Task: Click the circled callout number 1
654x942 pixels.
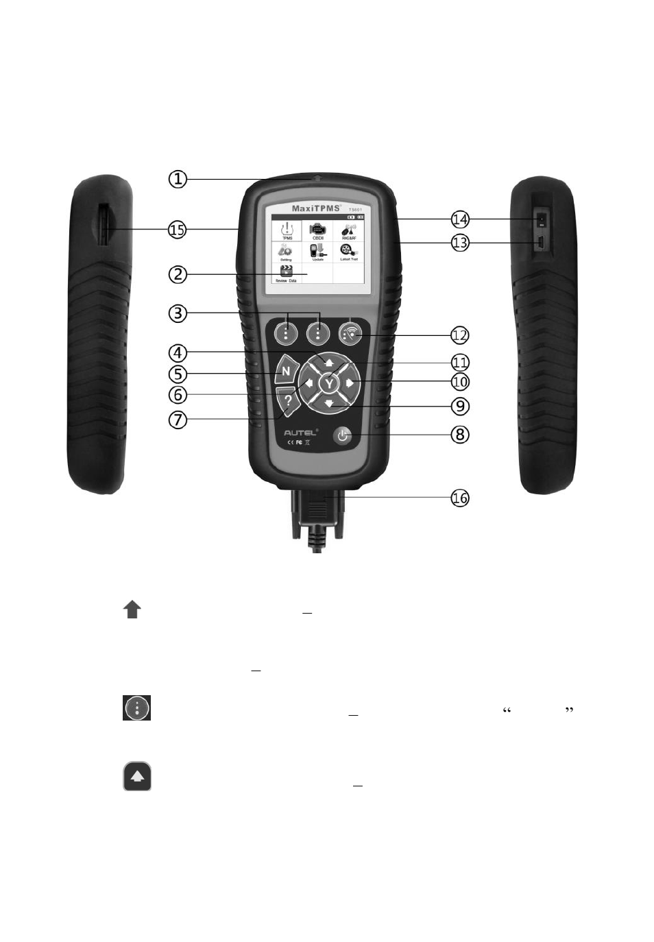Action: point(178,179)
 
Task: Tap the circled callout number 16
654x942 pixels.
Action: point(460,498)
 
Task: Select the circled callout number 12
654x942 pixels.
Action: point(460,335)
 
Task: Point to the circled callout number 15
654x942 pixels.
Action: point(178,230)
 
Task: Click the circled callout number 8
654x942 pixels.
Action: point(460,434)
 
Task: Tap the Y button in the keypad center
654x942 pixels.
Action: point(329,383)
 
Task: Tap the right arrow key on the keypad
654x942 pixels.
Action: point(351,383)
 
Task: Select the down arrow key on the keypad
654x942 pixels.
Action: point(329,404)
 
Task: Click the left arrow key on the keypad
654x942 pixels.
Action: point(308,383)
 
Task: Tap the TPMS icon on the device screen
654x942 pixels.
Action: point(287,230)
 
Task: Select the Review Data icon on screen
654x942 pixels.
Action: point(287,273)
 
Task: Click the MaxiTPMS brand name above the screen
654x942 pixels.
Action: point(316,208)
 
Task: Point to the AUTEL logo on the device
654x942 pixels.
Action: point(301,433)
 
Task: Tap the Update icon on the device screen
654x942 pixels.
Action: point(318,252)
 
